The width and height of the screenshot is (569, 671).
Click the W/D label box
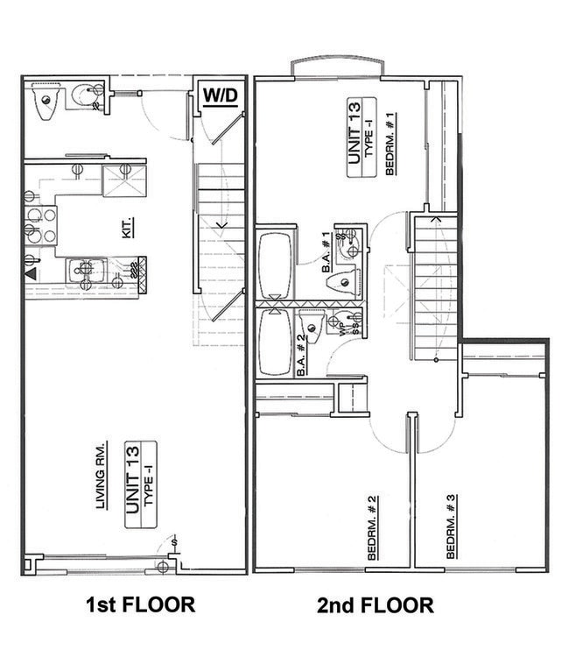(220, 95)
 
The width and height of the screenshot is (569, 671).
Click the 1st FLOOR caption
(139, 605)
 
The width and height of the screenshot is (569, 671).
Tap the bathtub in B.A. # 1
(276, 263)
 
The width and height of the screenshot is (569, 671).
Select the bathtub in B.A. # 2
(276, 342)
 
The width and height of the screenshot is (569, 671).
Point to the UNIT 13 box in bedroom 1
(358, 139)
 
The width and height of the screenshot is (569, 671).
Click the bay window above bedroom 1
(337, 66)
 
